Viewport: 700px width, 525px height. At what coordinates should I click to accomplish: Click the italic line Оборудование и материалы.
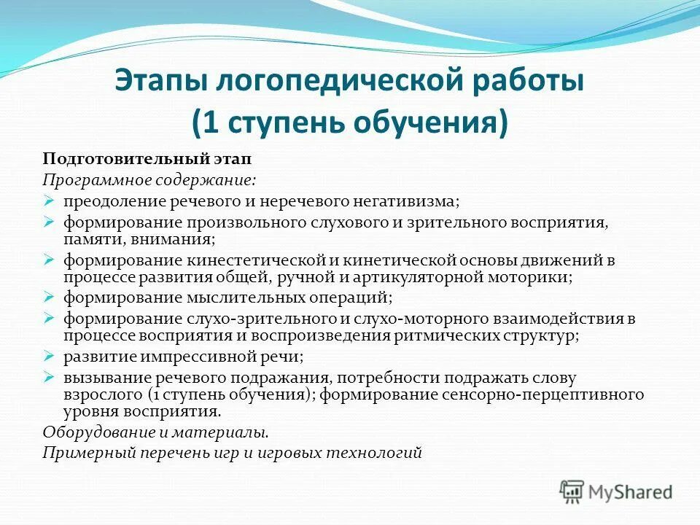tap(155, 432)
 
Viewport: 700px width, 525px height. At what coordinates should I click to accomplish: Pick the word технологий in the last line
tap(382, 453)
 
